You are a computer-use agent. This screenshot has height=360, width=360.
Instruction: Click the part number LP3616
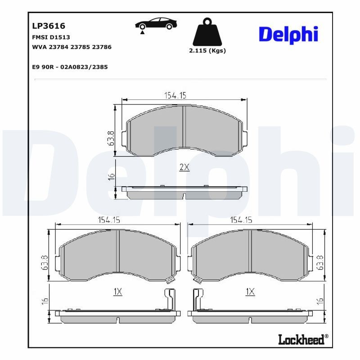pos(46,27)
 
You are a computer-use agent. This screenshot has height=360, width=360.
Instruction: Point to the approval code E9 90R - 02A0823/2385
pos(70,67)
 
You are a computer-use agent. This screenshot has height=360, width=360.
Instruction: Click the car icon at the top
pos(156,24)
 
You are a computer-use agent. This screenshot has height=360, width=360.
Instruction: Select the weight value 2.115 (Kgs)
pos(207,51)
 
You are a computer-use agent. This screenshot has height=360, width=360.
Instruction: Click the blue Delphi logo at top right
pos(288,35)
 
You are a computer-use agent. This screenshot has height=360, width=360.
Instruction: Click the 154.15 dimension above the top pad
pos(174,95)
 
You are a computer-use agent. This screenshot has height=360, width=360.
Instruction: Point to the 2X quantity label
pos(184,167)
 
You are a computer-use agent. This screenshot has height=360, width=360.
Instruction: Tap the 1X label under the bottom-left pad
pos(118,292)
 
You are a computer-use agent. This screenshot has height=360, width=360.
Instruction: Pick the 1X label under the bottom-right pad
pos(250,292)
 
